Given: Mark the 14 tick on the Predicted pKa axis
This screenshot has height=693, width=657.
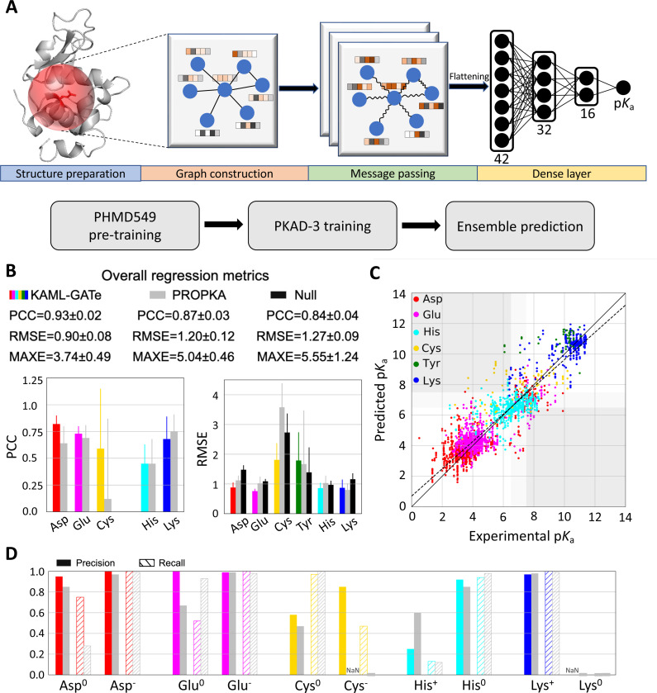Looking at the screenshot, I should (x=401, y=294).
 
